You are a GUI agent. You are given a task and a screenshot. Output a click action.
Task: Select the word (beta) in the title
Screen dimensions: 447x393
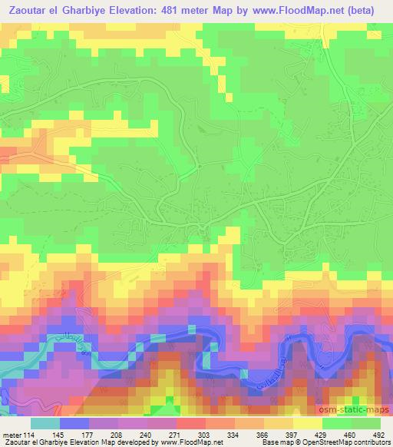(x=369, y=12)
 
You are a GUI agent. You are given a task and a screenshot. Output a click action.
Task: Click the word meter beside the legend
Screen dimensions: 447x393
(x=9, y=434)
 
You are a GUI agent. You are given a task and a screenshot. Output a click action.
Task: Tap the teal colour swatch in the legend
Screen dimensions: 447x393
(x=45, y=423)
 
